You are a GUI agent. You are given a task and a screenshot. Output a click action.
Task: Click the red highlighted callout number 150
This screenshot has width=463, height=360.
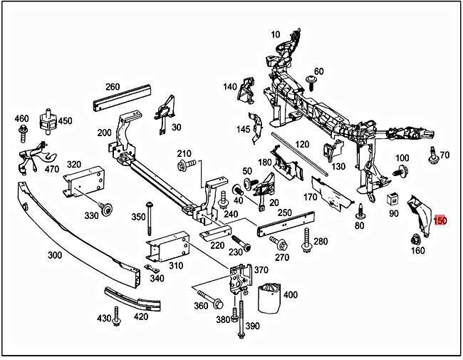point(440,221)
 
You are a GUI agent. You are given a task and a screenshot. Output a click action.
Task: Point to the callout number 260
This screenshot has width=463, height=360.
point(112,87)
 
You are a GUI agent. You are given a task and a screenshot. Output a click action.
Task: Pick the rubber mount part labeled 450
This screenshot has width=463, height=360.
point(49,121)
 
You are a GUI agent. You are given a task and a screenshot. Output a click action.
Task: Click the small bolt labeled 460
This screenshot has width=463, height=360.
point(24,130)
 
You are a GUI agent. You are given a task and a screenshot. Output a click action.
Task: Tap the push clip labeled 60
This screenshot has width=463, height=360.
point(311,80)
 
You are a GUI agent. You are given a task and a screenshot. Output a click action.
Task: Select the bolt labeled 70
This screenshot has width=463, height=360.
point(433,153)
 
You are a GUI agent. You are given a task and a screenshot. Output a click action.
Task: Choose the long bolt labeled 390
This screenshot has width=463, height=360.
point(242,312)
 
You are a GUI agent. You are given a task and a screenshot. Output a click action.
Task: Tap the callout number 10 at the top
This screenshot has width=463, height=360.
point(276,34)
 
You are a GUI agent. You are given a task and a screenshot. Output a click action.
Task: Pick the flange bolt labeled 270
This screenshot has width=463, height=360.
point(274,245)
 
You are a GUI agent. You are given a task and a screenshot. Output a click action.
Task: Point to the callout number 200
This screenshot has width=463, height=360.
point(105,133)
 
